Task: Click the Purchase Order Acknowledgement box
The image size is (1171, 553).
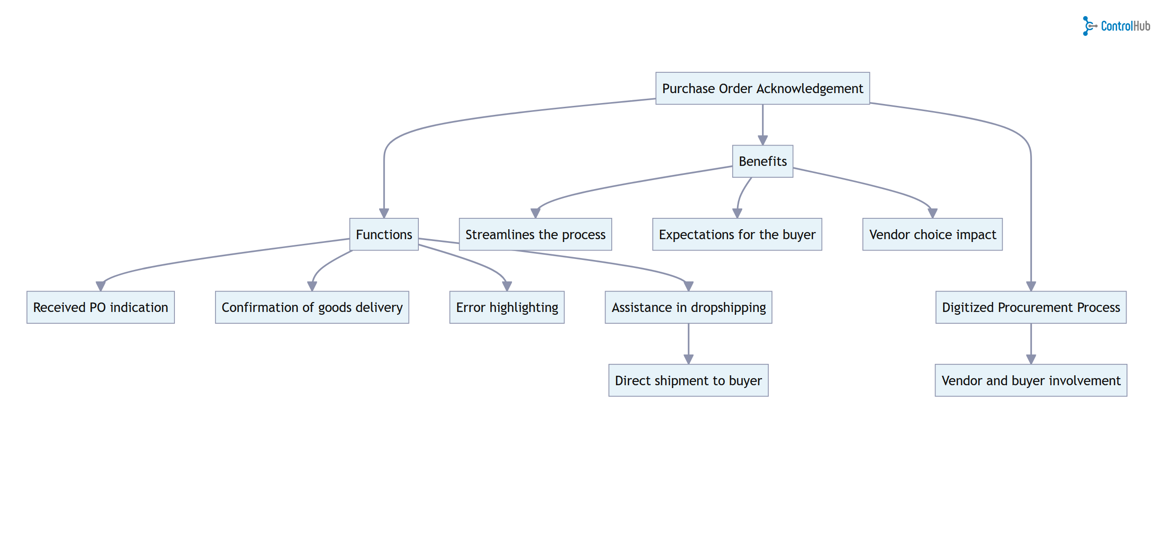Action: coord(762,88)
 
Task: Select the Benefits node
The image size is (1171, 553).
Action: coord(762,161)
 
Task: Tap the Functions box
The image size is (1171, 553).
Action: coord(383,234)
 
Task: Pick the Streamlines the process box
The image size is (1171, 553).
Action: coord(535,234)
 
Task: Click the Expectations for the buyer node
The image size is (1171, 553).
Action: coord(737,234)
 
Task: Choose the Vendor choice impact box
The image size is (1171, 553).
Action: coord(932,234)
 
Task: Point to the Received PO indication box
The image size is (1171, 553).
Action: coord(100,307)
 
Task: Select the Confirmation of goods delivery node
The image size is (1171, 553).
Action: coord(312,307)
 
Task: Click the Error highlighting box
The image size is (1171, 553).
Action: coord(506,307)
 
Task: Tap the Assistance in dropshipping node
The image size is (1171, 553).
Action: coord(688,307)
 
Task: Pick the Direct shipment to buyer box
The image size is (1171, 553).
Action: coord(688,380)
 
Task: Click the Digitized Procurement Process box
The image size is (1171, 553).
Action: coord(1031,307)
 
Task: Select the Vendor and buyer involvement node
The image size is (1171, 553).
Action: coord(1031,380)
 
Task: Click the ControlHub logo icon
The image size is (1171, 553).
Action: coord(1089,26)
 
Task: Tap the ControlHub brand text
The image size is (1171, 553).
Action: coord(1125,26)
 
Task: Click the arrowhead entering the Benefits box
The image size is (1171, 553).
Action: coord(762,140)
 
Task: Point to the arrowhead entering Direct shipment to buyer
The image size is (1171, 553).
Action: coord(688,359)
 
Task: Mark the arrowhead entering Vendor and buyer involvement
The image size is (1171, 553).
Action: coord(1031,359)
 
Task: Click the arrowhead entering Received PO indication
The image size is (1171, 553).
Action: coord(100,286)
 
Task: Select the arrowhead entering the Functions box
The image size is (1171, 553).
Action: coord(383,213)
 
